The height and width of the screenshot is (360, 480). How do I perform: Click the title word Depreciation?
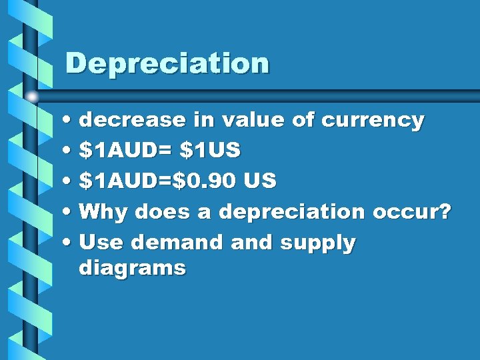coord(167,64)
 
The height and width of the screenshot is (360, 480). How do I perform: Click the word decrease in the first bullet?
coord(131,121)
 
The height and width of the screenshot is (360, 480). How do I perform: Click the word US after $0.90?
coord(260,181)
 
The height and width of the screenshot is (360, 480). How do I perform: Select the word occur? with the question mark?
coord(412,213)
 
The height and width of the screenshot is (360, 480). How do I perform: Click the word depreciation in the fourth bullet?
coord(292,213)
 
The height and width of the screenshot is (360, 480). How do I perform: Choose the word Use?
coord(101,243)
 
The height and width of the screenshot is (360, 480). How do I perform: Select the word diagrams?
coord(132,269)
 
